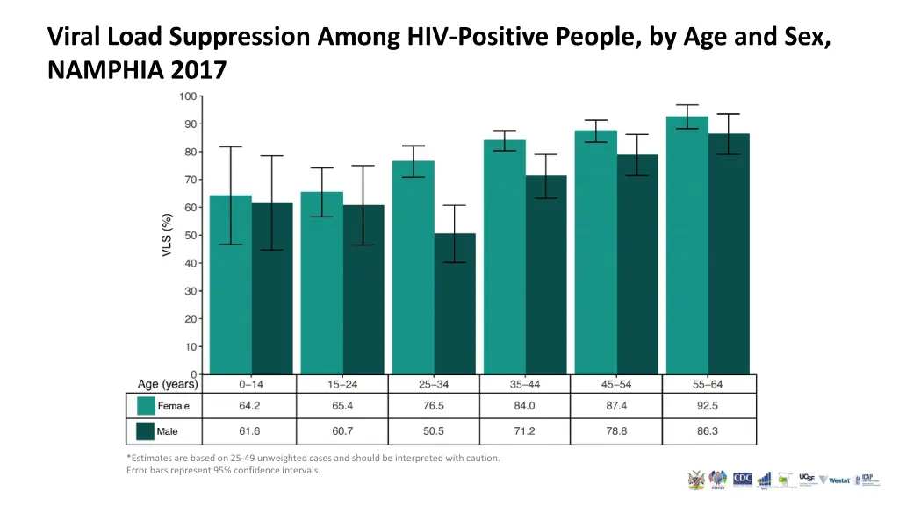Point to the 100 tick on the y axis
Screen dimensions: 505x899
[188, 96]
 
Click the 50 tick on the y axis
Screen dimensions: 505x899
[191, 235]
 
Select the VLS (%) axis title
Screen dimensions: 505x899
[167, 237]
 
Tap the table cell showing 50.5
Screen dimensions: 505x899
[434, 431]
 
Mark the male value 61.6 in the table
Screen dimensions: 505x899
[249, 431]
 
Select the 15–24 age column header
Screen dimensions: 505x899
[342, 384]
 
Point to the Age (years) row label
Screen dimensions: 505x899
[168, 384]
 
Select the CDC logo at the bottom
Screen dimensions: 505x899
[743, 480]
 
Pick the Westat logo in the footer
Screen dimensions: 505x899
[838, 480]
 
